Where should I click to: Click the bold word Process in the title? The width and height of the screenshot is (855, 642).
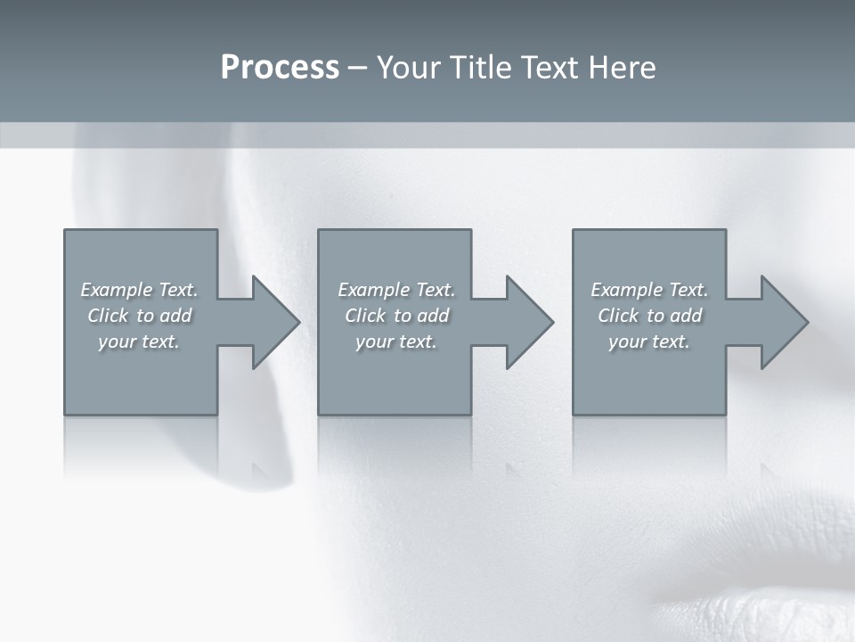tap(280, 68)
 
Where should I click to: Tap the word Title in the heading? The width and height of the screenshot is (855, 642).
tap(480, 68)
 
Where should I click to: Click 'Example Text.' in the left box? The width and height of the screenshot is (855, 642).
tap(140, 290)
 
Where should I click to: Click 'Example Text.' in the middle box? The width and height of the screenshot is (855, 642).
tap(396, 290)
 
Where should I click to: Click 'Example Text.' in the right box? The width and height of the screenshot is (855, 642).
tap(649, 290)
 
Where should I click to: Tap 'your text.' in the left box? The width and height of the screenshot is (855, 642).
tap(139, 342)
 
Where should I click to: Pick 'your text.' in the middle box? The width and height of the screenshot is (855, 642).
tap(396, 342)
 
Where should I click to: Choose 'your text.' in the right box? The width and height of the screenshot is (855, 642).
tap(649, 342)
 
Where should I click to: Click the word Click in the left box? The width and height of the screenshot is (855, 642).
tap(108, 316)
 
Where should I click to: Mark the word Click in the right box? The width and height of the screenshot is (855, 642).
tap(618, 316)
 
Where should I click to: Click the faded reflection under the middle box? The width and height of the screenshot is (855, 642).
tap(395, 446)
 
